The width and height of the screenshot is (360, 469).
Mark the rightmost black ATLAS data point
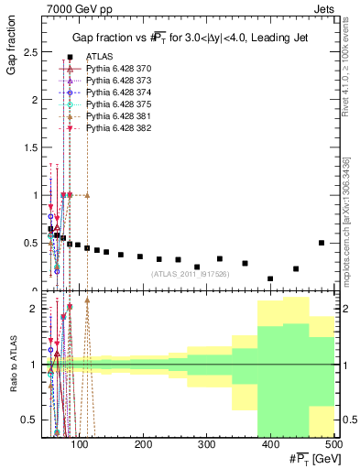pyautogui.click(x=321, y=243)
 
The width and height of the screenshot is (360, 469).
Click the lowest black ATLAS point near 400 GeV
pyautogui.click(x=270, y=278)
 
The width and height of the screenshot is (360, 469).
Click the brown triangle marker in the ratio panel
pyautogui.click(x=87, y=300)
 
